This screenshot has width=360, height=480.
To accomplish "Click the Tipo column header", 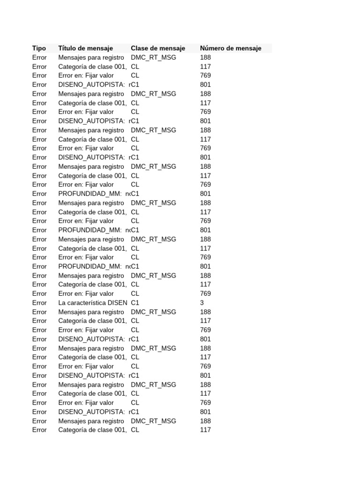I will [39, 48].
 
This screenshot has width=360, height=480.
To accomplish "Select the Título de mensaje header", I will [85, 48].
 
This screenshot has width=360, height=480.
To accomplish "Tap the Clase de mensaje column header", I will [158, 48].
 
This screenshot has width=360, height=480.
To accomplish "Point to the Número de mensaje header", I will [230, 48].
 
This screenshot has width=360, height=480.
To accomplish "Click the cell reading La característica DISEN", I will [92, 303].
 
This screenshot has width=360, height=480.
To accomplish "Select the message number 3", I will [202, 303].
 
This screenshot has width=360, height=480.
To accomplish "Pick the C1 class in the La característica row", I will [135, 303].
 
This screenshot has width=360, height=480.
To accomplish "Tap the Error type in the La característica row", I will [39, 303].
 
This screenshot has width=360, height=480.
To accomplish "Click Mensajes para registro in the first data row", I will [91, 58].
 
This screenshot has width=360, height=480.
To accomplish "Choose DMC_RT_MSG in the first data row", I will [153, 58].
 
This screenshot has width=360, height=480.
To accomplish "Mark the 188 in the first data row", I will [205, 58].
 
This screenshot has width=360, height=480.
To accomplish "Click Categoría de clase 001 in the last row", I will [92, 430].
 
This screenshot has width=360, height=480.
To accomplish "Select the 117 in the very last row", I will [205, 430].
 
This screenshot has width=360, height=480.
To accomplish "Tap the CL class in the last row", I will [135, 430].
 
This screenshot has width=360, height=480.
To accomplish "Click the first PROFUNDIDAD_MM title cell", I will [93, 194].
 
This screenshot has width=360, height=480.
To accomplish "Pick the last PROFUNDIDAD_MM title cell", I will [93, 266].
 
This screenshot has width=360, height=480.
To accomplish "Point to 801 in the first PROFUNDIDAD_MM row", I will [205, 194].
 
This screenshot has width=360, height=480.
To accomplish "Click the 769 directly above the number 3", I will [205, 293].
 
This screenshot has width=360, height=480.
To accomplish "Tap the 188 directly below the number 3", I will [205, 312].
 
